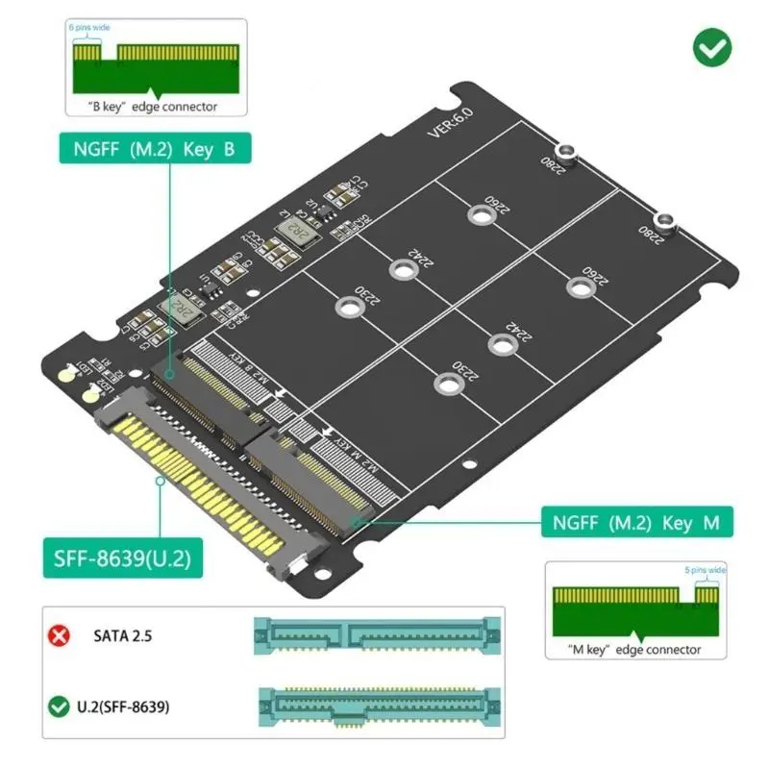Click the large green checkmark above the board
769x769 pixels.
click(711, 46)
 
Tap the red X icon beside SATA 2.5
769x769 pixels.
click(61, 635)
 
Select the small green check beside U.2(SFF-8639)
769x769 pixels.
click(60, 707)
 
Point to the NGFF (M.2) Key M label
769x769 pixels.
click(636, 523)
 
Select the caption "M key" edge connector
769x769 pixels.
click(634, 650)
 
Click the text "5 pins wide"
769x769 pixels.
click(707, 570)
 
